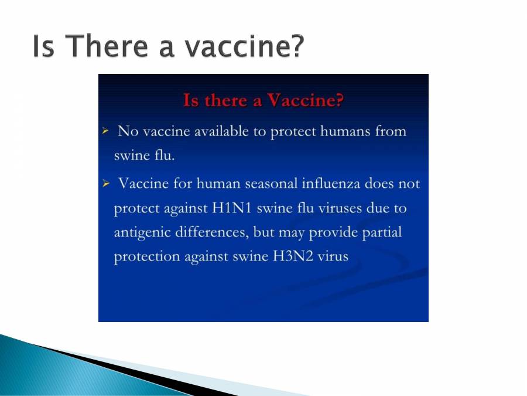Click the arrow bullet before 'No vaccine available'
point(105,131)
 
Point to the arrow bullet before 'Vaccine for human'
point(105,184)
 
